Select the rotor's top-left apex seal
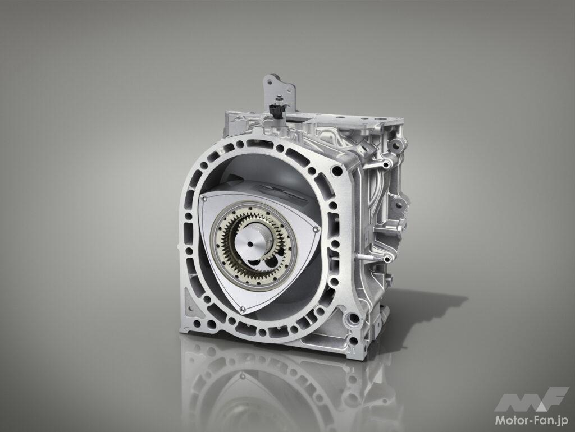[x=204, y=199]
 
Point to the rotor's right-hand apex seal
[x=315, y=229]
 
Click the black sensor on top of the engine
[x=274, y=109]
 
